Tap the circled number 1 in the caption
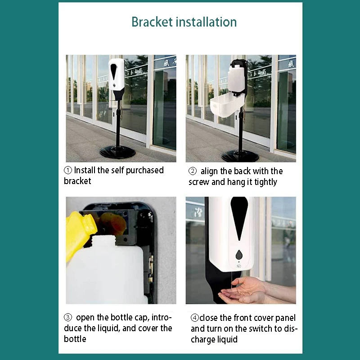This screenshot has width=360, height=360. [x=68, y=171]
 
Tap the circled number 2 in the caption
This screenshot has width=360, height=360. [x=193, y=171]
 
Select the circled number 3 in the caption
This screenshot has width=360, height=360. [x=68, y=318]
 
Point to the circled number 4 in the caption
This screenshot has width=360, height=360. [x=194, y=318]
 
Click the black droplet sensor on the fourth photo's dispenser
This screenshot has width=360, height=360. [x=239, y=255]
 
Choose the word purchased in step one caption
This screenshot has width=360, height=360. [x=144, y=171]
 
